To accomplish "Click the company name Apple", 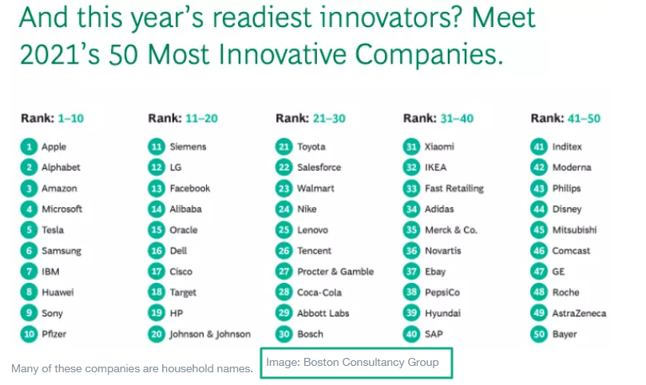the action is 54,147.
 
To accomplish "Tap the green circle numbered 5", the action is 29,230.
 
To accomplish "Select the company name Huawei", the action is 57,293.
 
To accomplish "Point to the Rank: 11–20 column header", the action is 183,119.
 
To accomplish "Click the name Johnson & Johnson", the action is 210,335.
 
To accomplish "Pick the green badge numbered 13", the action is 157,188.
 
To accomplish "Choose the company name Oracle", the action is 184,230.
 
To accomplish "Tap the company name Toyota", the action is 311,147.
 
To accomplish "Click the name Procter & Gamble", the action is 335,272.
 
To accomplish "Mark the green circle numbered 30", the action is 283,334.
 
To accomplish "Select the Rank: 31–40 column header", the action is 438,119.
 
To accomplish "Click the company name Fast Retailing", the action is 454,189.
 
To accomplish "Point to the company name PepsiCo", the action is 442,293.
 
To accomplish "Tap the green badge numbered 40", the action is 411,334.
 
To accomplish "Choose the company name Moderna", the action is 572,167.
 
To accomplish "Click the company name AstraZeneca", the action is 579,313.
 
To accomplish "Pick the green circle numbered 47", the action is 539,272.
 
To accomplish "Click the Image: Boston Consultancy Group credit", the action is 352,363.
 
